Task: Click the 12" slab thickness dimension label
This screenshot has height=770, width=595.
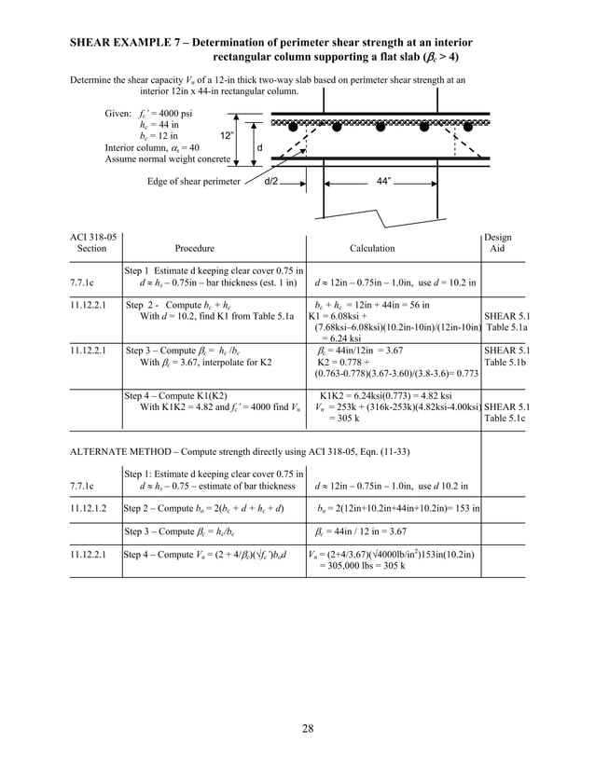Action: point(226,135)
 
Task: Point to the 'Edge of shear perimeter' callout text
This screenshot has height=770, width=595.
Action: point(193,181)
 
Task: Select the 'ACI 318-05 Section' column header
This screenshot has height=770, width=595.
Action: point(93,243)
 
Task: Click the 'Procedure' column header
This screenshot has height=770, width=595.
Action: point(195,249)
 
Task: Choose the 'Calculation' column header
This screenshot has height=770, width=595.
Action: point(371,249)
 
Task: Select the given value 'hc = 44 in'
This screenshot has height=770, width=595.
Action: point(159,124)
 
